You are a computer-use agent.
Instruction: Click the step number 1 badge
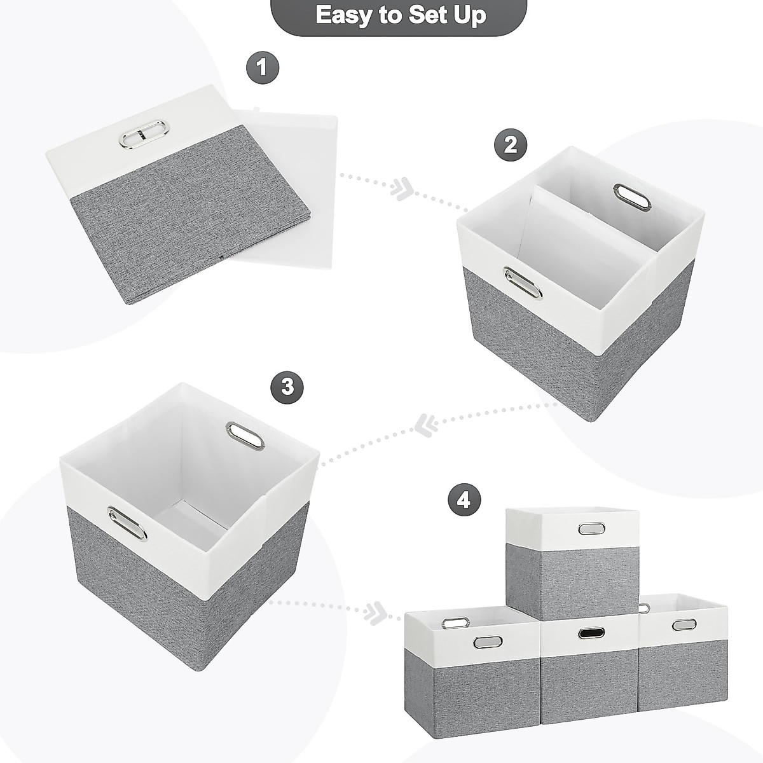tap(263, 67)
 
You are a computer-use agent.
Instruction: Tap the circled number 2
tap(511, 144)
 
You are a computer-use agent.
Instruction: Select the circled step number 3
tap(287, 387)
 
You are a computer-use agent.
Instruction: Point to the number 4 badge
tap(464, 500)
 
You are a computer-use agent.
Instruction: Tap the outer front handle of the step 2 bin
tap(523, 282)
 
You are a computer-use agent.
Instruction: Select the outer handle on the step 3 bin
tap(127, 523)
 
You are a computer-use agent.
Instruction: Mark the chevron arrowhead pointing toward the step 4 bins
tap(375, 612)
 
